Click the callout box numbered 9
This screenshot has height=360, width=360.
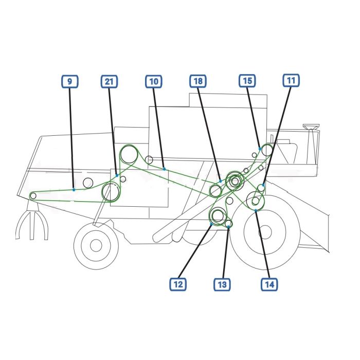point(70,81)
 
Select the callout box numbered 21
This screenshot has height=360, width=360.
point(109,81)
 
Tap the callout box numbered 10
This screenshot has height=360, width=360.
point(154,81)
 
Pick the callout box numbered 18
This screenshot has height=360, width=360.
point(198,81)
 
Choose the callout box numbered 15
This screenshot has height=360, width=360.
point(247,81)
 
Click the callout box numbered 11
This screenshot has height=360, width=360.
point(291,80)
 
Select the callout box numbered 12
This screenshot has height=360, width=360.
point(178,284)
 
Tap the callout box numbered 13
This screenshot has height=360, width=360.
point(222,284)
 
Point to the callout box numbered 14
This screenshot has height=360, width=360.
point(269,284)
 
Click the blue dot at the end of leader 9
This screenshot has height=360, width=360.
point(74,190)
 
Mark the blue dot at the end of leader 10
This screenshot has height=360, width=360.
point(165,169)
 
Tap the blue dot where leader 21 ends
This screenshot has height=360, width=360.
point(117,175)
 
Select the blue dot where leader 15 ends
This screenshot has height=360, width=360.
point(260,149)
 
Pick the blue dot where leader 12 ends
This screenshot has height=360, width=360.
point(211,224)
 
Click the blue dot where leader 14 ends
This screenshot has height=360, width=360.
point(256,210)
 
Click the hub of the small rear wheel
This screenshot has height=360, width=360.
point(96,245)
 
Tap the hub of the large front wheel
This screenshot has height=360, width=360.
point(265,232)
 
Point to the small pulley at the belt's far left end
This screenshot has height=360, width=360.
point(33,196)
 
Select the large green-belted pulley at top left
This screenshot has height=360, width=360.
point(129,154)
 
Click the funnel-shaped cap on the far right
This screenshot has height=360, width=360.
point(311,127)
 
